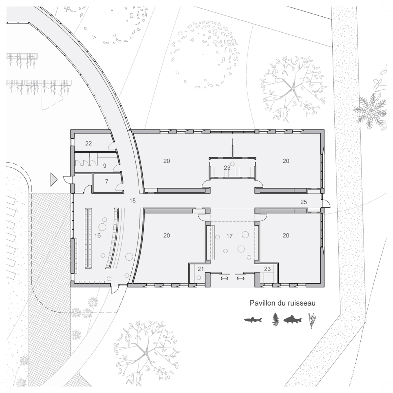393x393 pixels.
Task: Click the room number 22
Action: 88,143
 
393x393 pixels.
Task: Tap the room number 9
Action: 104,166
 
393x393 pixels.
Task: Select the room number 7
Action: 107,181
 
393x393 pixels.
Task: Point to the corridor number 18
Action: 132,200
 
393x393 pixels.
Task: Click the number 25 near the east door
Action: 304,202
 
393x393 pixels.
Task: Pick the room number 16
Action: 98,235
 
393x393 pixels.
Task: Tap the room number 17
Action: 230,236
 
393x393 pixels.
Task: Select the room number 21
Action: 201,269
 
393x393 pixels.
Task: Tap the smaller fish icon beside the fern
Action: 253,320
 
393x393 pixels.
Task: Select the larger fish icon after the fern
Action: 293,320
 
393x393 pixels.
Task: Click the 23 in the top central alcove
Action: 227,168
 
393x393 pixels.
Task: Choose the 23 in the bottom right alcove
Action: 267,269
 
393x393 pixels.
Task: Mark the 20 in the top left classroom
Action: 167,161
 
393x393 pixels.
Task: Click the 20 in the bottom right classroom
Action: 286,235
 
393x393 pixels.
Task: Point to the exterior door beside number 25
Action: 326,204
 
